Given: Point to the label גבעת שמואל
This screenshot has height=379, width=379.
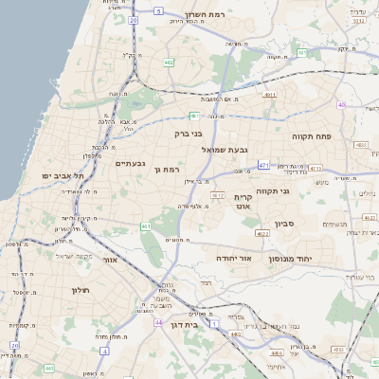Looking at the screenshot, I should [225, 149].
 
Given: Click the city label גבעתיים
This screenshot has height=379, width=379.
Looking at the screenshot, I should [130, 164].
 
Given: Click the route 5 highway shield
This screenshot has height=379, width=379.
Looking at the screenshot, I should [159, 11].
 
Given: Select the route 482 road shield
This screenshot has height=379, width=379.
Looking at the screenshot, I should [168, 63].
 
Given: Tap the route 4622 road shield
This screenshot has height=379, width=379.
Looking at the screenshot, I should [262, 232].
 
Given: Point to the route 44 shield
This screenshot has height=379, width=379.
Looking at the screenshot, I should [156, 322].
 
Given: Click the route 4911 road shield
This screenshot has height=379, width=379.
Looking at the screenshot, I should [270, 95].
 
